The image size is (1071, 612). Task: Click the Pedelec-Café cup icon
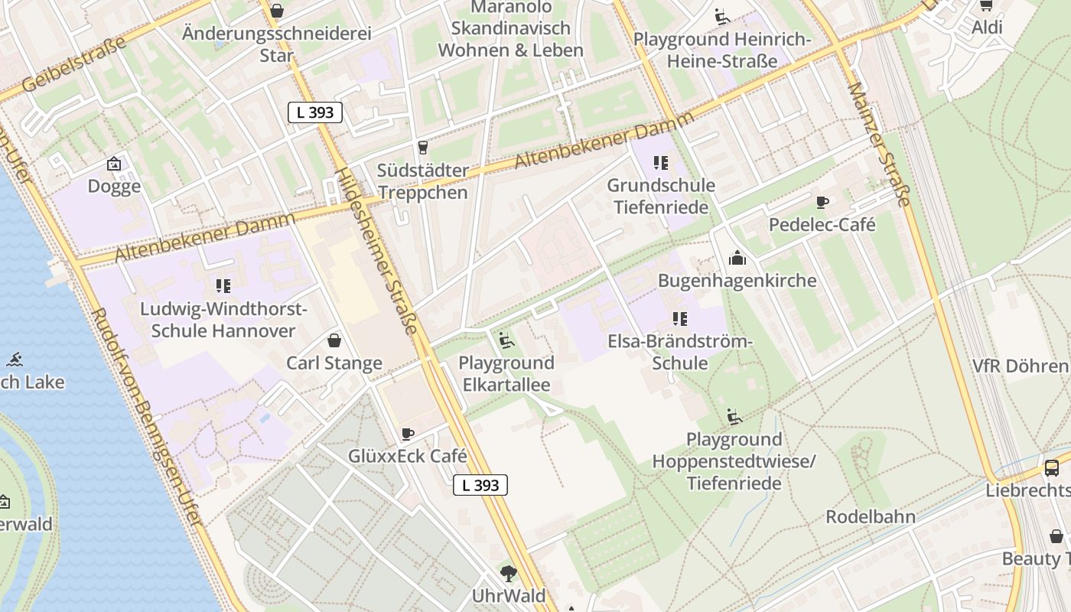[x=822, y=202]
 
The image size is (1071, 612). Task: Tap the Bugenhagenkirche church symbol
[x=737, y=258]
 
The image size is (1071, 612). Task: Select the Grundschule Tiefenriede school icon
[x=660, y=162]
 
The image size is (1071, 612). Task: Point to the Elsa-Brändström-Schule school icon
[x=679, y=318]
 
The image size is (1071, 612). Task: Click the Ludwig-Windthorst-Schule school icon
[x=223, y=286]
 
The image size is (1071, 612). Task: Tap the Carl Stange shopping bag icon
[x=334, y=340]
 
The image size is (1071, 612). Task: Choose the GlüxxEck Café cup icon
[x=408, y=434]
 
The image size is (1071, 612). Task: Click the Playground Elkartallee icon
[x=506, y=340]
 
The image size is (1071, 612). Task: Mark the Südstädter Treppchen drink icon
[x=422, y=147]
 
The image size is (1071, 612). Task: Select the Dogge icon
[x=114, y=163]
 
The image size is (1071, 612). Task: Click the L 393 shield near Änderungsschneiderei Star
[x=314, y=112]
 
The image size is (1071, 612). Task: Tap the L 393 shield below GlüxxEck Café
[x=480, y=484]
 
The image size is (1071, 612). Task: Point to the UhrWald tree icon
[x=508, y=573]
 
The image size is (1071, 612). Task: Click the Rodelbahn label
[x=871, y=516]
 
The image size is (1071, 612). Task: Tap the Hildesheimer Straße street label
[x=379, y=251]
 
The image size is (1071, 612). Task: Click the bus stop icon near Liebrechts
[x=1052, y=467]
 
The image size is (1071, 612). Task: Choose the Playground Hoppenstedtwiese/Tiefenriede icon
[x=734, y=417]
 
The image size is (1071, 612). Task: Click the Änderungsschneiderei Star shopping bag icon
[x=277, y=11]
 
